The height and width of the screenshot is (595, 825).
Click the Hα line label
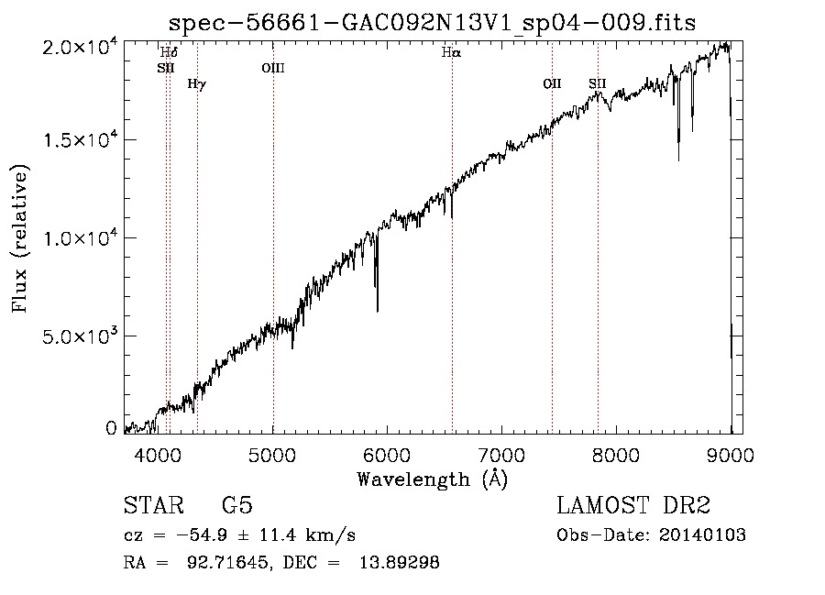[451, 53]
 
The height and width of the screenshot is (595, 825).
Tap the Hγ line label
[196, 84]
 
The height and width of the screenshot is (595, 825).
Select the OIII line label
[273, 67]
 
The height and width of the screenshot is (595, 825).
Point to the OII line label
[552, 84]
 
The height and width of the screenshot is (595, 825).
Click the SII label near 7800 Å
[598, 84]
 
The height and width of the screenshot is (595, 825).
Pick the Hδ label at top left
[168, 53]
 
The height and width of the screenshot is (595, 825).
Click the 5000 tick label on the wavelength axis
[273, 453]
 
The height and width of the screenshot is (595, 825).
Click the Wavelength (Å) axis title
[432, 479]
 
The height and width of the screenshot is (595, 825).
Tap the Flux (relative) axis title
[20, 238]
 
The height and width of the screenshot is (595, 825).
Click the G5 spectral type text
[237, 506]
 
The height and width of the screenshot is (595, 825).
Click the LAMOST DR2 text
[633, 506]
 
